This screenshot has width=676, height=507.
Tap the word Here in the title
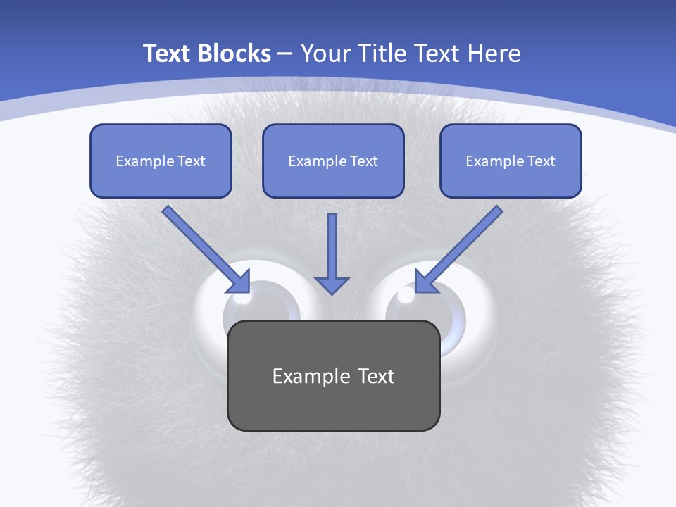pyautogui.click(x=494, y=54)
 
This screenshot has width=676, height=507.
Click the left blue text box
pyautogui.click(x=161, y=161)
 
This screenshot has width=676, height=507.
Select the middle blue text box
pyautogui.click(x=333, y=161)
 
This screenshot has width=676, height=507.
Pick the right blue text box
pyautogui.click(x=511, y=161)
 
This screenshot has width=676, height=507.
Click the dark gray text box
pyautogui.click(x=333, y=375)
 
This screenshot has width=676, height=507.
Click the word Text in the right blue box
pyautogui.click(x=542, y=161)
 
